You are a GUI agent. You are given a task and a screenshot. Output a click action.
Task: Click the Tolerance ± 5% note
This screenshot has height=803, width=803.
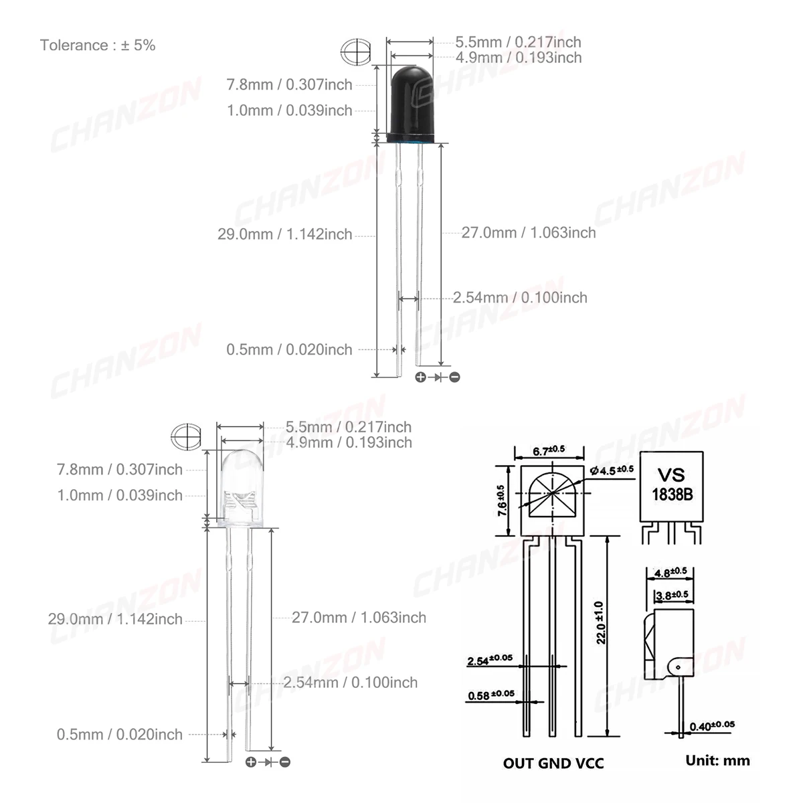98,45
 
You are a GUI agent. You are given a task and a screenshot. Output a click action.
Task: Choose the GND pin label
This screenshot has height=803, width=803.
553,763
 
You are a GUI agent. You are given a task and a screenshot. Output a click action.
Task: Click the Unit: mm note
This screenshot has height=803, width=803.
717,760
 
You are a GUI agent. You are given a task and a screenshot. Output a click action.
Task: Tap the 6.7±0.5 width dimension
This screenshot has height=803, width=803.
549,450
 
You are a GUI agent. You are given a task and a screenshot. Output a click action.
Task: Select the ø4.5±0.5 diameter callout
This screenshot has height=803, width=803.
612,470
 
